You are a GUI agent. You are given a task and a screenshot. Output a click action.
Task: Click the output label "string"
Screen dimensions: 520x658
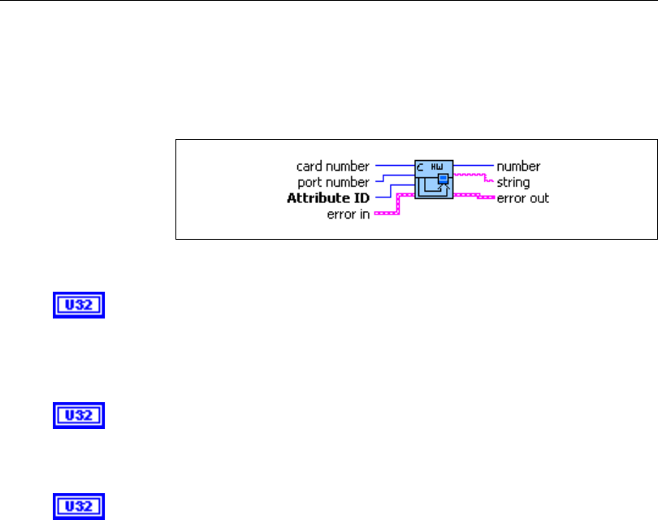513,182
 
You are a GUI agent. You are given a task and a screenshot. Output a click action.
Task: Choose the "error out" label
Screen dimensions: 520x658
523,197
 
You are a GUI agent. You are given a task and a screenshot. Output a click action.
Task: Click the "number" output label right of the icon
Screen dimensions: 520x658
518,167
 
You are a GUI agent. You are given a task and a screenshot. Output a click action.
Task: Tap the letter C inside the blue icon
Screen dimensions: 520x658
422,165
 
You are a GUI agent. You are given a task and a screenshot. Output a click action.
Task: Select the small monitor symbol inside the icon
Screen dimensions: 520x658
444,179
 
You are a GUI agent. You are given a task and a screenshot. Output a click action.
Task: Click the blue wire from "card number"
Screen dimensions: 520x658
394,165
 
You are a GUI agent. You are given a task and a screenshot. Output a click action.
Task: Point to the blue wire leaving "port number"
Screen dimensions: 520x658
382,180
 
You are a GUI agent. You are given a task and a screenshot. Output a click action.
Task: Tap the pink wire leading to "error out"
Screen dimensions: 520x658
475,196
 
